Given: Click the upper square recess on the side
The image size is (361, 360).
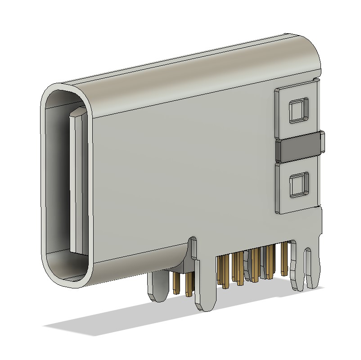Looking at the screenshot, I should (298, 110).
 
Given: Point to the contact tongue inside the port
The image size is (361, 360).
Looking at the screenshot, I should (76, 180).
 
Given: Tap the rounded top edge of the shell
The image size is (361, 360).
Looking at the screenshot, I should (189, 63).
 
